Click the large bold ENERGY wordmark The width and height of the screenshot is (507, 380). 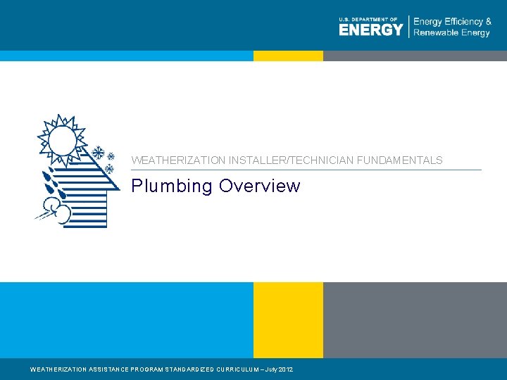pos(370,30)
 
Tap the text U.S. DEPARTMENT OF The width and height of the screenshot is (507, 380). pos(368,19)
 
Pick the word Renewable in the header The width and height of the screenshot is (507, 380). pos(437,33)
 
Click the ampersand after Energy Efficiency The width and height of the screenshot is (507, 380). pos(488,22)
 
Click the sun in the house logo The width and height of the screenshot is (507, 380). pos(63,139)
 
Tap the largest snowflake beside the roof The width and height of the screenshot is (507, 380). pos(99,153)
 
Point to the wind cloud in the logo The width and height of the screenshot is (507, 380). pos(54,210)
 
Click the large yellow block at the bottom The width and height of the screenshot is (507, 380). pos(288,319)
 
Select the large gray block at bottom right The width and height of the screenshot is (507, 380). pos(415,319)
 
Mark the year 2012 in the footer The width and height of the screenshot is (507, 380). pos(286,369)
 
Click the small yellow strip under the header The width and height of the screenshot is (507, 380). pos(288,56)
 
